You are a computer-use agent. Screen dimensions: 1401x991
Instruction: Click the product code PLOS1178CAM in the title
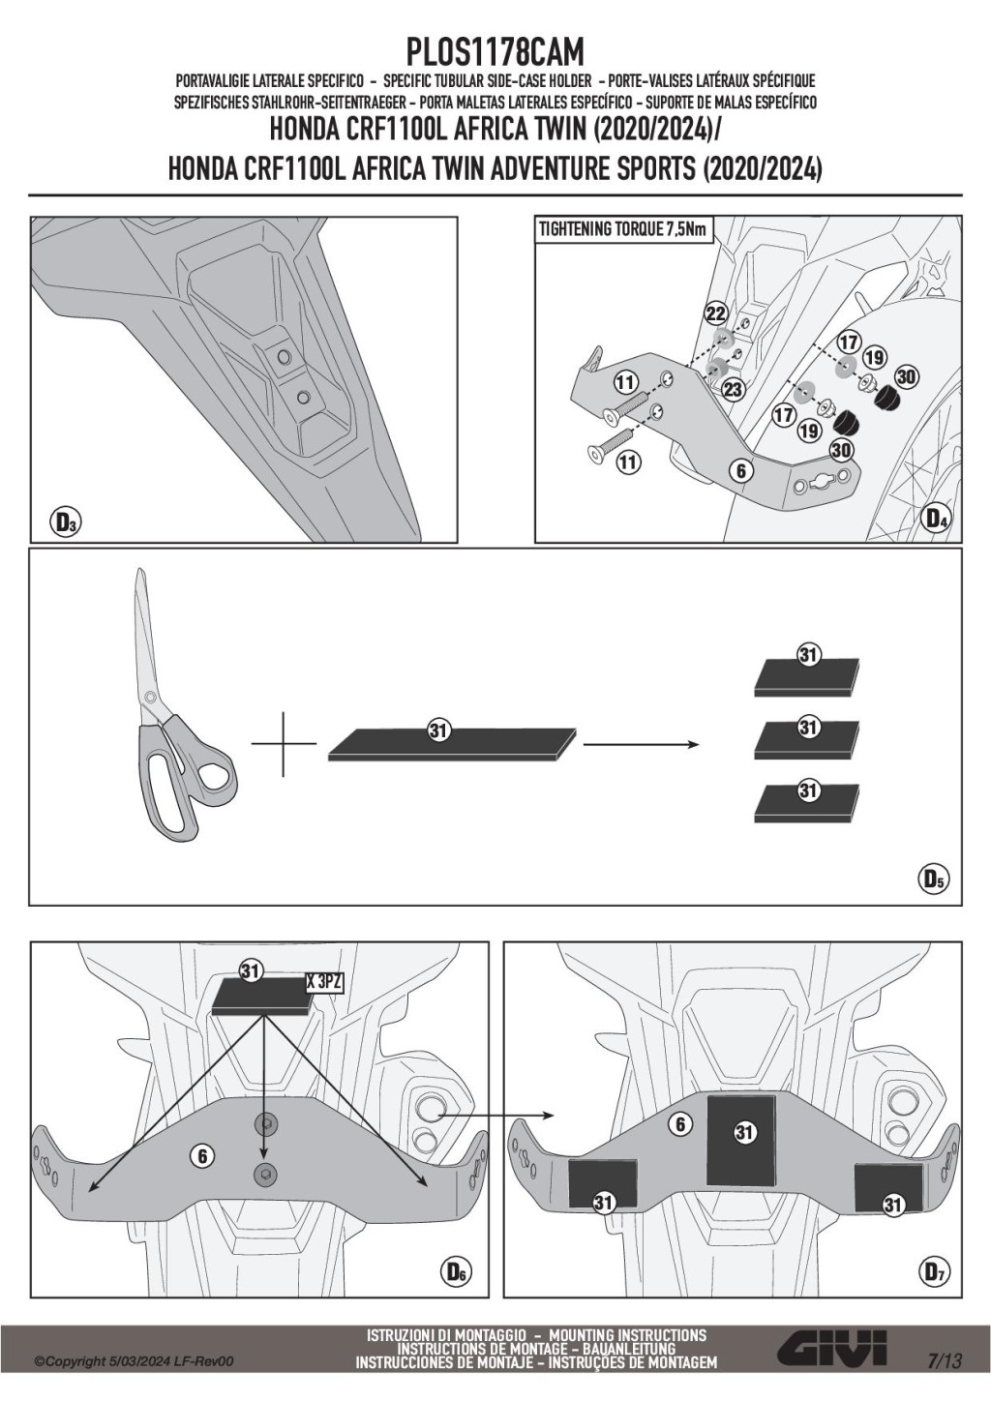tap(495, 50)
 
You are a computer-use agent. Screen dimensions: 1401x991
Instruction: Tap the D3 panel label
tap(65, 523)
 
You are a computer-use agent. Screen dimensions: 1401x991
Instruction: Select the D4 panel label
tap(936, 519)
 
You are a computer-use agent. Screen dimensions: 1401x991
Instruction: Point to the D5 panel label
tap(933, 879)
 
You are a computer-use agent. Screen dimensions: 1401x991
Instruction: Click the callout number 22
tap(715, 313)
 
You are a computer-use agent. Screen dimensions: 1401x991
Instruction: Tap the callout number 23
tap(733, 387)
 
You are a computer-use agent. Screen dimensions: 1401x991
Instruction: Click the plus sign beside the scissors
tap(284, 743)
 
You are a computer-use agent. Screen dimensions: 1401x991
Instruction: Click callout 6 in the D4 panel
tap(740, 471)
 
